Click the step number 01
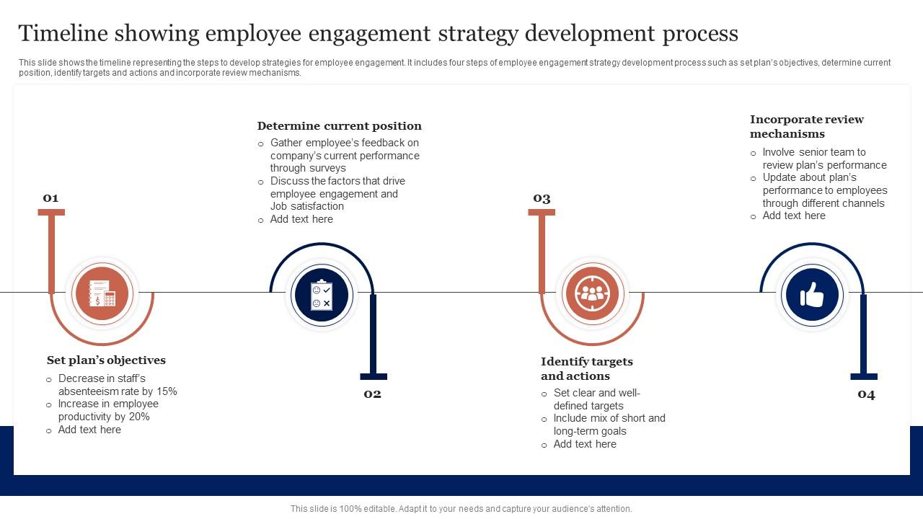coord(50,198)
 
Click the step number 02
coord(372,394)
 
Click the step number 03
coord(542,198)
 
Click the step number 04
coord(866,394)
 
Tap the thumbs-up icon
coord(812,294)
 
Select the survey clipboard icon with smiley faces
coord(321,295)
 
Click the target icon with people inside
coord(592,293)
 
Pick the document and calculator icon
coord(102,293)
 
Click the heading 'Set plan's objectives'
coord(106,360)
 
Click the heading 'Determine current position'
coord(339,126)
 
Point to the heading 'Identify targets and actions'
coord(586,368)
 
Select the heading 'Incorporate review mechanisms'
coord(806,127)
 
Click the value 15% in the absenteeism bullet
coord(167,391)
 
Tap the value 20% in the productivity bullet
coord(139,417)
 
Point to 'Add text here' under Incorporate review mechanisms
coord(793,216)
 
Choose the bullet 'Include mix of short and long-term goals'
coord(609,425)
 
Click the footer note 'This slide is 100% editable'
coord(461,509)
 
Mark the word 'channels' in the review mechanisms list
coord(865,203)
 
